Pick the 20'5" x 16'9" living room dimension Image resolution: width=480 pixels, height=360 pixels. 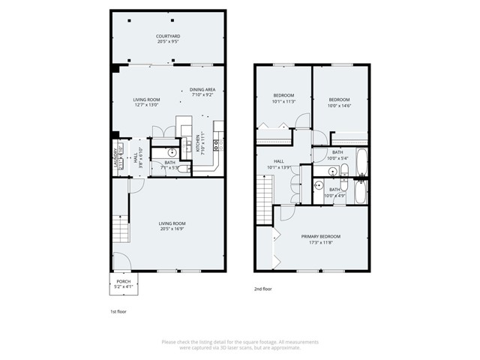[172, 229]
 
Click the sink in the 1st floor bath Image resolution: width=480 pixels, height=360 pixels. [160, 151]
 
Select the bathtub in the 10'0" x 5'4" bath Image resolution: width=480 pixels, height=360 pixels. [361, 160]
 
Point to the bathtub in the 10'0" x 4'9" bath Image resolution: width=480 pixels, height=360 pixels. [360, 193]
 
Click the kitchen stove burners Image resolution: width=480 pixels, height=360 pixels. [215, 141]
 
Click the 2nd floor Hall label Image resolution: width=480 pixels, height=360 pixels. [278, 160]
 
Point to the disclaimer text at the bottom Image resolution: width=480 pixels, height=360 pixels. [240, 344]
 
